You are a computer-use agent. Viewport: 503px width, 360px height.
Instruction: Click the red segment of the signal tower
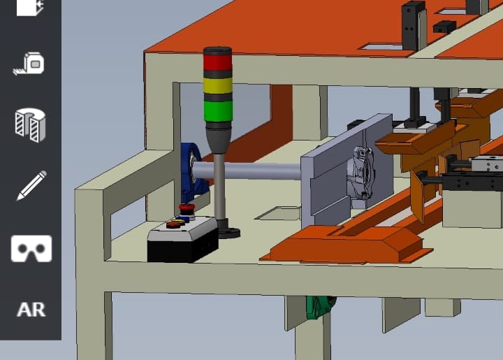tap(217, 63)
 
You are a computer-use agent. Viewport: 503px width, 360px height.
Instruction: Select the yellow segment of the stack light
tap(218, 86)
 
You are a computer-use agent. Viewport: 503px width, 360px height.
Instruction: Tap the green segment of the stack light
tap(218, 111)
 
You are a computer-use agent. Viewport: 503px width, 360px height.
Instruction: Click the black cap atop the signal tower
tap(217, 51)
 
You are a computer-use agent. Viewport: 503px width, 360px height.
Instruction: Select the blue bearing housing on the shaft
tap(193, 172)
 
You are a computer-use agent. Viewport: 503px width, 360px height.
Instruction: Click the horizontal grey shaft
tap(247, 171)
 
